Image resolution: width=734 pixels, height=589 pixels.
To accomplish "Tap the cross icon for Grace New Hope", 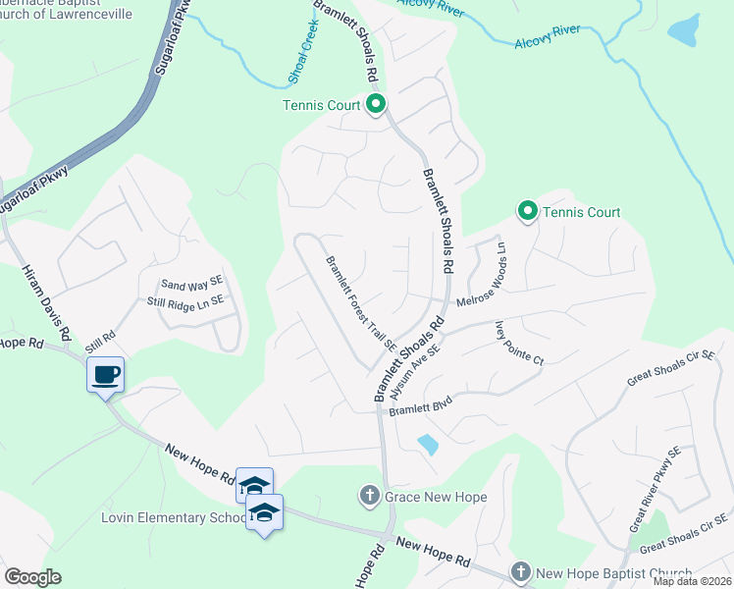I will (x=370, y=497).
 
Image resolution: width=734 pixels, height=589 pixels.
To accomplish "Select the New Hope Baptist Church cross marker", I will (x=521, y=572).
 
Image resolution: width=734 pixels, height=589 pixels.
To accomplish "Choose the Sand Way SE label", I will (x=193, y=283).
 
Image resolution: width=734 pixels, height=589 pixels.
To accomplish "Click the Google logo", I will (x=32, y=577).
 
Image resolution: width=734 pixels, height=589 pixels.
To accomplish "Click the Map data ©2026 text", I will (x=692, y=581).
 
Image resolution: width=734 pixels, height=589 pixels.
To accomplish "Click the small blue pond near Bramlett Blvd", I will (x=427, y=444).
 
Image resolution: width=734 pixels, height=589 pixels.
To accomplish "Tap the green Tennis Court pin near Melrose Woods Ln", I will (x=527, y=211).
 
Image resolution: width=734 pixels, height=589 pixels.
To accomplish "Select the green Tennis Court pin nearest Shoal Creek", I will (x=375, y=103).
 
